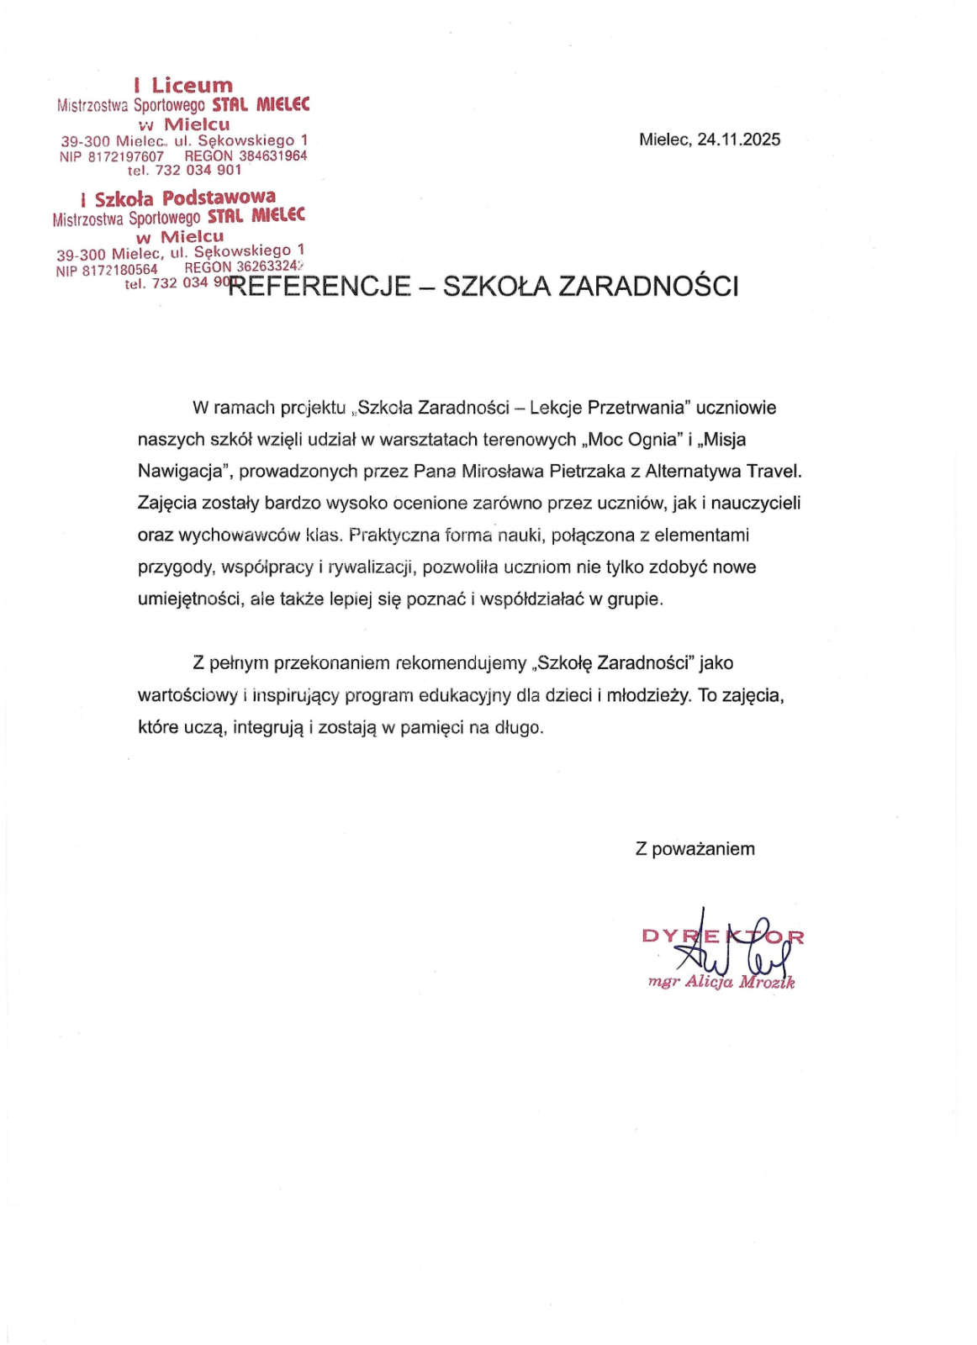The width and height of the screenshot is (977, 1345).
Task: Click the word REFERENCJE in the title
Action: point(320,287)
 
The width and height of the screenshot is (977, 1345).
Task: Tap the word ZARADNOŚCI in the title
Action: point(648,287)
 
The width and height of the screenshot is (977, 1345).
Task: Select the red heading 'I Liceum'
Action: point(183,85)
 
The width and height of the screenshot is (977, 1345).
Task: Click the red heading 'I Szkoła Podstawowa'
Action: point(178,198)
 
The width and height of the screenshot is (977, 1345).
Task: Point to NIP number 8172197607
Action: point(125,156)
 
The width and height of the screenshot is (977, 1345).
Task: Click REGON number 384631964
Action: point(272,156)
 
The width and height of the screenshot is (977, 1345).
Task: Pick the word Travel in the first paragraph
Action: point(774,471)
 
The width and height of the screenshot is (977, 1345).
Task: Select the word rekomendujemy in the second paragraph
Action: point(461,662)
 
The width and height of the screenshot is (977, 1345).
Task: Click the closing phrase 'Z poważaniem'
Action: point(694,849)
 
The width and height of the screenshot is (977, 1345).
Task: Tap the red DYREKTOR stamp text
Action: point(722,936)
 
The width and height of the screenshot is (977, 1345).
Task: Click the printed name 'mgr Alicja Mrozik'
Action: point(721,982)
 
